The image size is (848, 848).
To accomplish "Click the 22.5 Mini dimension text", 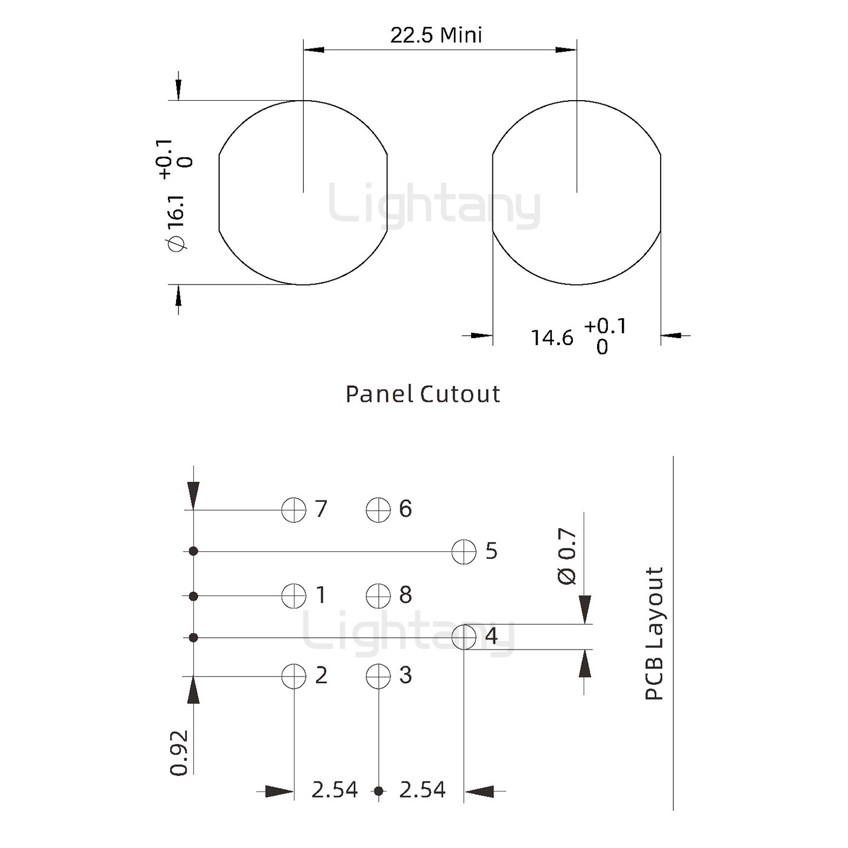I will point(436,35).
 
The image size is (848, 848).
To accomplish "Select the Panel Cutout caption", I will point(422,394).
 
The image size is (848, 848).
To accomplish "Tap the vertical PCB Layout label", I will point(654,634).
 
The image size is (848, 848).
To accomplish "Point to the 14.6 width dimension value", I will point(552,338).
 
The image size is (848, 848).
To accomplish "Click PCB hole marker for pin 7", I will point(294,509).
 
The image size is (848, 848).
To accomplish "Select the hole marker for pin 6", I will point(378,509).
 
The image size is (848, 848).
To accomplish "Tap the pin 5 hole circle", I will point(464,552).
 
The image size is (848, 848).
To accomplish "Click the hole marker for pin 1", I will point(294,596).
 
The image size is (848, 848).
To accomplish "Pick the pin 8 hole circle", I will point(378,596).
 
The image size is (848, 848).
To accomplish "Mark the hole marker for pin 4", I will point(464,637).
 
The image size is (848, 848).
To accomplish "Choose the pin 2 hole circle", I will point(294,676).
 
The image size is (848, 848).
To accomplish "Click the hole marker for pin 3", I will point(378,676).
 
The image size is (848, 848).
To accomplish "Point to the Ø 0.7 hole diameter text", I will point(567,556).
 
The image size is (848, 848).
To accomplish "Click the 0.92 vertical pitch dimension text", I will point(179,753).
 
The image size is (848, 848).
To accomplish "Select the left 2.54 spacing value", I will point(334,790).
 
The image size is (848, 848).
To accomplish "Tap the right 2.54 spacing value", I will point(422,790).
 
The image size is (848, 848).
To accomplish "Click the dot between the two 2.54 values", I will point(379,791).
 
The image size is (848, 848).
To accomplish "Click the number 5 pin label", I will point(491,551).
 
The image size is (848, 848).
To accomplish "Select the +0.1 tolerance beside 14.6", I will point(605,326).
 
